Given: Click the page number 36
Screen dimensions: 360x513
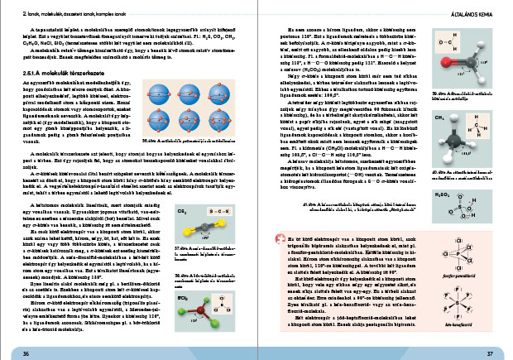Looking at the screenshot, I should click(x=26, y=353).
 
